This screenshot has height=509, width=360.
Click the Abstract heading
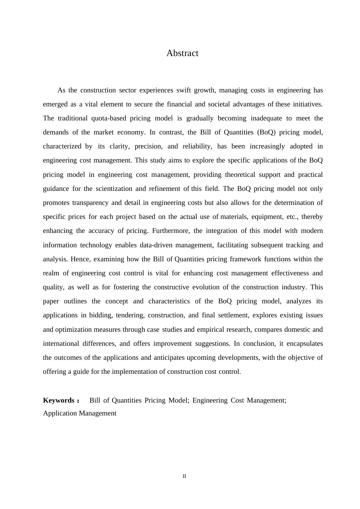click(x=182, y=53)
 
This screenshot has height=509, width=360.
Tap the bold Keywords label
click(x=59, y=400)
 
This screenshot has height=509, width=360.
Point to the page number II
click(x=185, y=476)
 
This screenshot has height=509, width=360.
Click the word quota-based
click(x=109, y=118)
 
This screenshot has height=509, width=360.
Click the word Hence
click(x=80, y=259)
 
